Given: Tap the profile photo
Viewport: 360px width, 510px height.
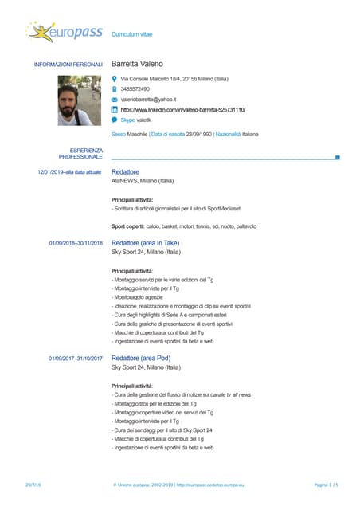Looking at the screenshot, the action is pos(74,100).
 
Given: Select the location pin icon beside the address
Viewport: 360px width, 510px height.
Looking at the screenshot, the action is pos(115,79).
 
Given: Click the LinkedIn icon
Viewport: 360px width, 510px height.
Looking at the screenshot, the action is pos(115,109).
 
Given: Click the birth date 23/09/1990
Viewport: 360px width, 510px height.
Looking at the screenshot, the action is pos(198,134).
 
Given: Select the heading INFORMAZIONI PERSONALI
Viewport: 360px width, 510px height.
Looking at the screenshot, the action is pos(68,64).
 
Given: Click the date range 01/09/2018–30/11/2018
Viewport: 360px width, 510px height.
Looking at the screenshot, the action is pos(76,242).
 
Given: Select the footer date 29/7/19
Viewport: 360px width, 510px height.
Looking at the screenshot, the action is pos(33,484).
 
